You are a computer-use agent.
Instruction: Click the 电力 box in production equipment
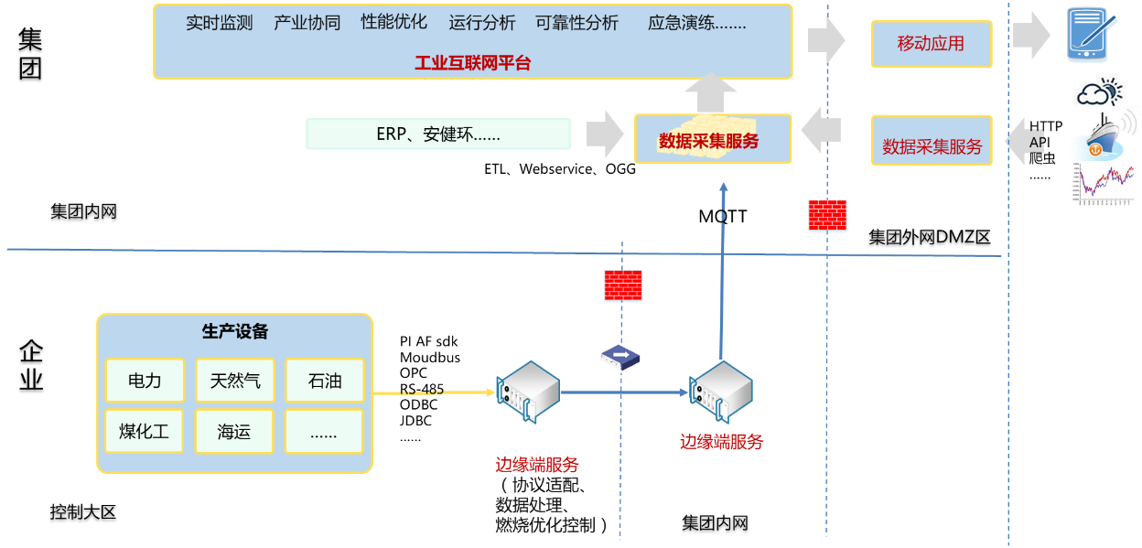(x=145, y=380)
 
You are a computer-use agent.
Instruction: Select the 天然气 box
(x=234, y=380)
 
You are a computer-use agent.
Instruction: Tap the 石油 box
(x=324, y=380)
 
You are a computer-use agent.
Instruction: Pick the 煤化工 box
(x=145, y=432)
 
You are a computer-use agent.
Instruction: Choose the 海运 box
(x=234, y=432)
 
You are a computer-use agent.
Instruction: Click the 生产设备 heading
(x=234, y=332)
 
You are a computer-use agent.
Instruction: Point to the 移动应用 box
(x=931, y=44)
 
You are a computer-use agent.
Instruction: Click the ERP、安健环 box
(x=438, y=134)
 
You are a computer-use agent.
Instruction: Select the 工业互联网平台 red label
(x=472, y=63)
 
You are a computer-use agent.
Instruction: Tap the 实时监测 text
(x=220, y=23)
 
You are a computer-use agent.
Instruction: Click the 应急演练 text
(x=696, y=23)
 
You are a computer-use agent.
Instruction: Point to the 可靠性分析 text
(x=576, y=23)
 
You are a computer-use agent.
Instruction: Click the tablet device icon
(x=1092, y=36)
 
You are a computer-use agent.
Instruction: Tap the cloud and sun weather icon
(x=1098, y=92)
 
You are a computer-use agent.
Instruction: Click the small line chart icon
(x=1102, y=186)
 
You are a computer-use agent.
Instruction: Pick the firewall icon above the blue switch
(x=623, y=286)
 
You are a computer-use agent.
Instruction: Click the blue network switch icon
(x=619, y=358)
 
